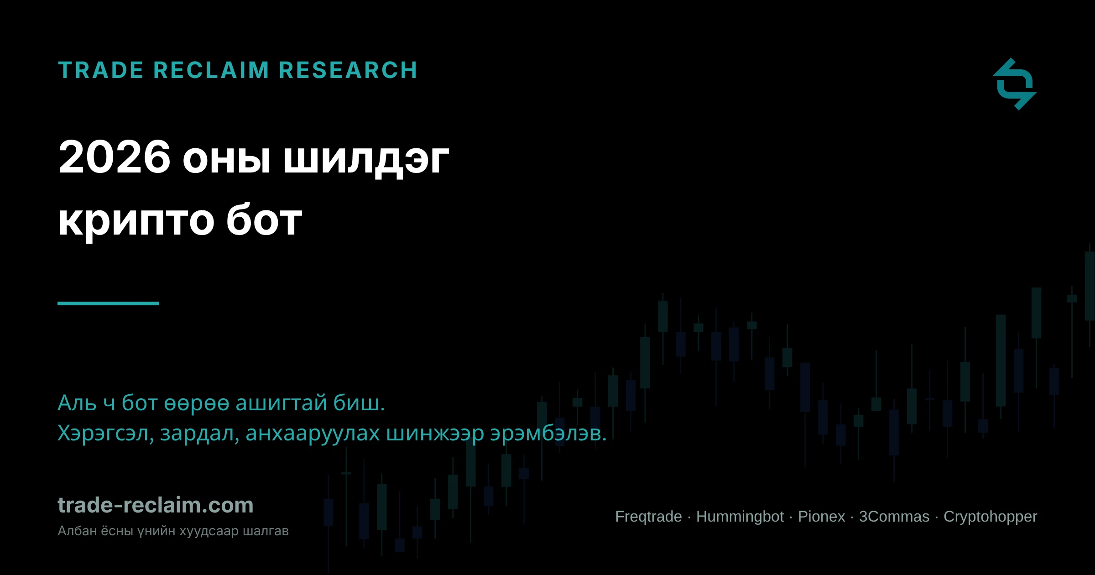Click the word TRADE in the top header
[x=101, y=70]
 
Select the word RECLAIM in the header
[x=211, y=70]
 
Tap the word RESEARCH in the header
[x=348, y=70]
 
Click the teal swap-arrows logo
[x=1015, y=84]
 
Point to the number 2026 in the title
[x=115, y=157]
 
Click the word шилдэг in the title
[x=366, y=160]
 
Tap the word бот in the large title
[x=265, y=219]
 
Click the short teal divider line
[x=108, y=303]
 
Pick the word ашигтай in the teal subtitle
[x=281, y=403]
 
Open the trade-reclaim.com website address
[x=156, y=505]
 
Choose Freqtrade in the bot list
[x=648, y=517]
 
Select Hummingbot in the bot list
[x=740, y=517]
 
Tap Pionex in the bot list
[x=821, y=517]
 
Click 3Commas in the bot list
[x=894, y=517]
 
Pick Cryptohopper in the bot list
[x=991, y=517]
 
